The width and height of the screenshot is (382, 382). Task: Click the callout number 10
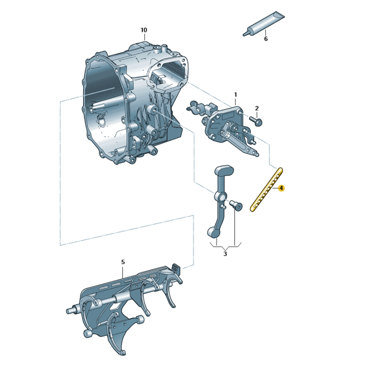click(144, 30)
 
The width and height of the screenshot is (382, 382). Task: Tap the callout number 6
click(266, 39)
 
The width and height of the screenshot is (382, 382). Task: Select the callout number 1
click(235, 95)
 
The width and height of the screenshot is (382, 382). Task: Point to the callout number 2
click(256, 108)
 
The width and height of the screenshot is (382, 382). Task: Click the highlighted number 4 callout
click(281, 189)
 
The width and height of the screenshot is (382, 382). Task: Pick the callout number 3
click(225, 254)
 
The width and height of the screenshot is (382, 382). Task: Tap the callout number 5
click(123, 262)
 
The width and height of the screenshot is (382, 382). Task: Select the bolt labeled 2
click(256, 121)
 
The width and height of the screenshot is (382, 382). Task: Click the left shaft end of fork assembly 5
click(70, 311)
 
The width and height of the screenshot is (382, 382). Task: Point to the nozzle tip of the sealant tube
click(244, 33)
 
